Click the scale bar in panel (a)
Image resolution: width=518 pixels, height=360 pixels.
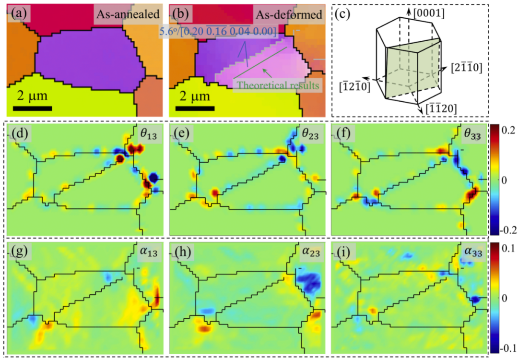pos(32,108)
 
